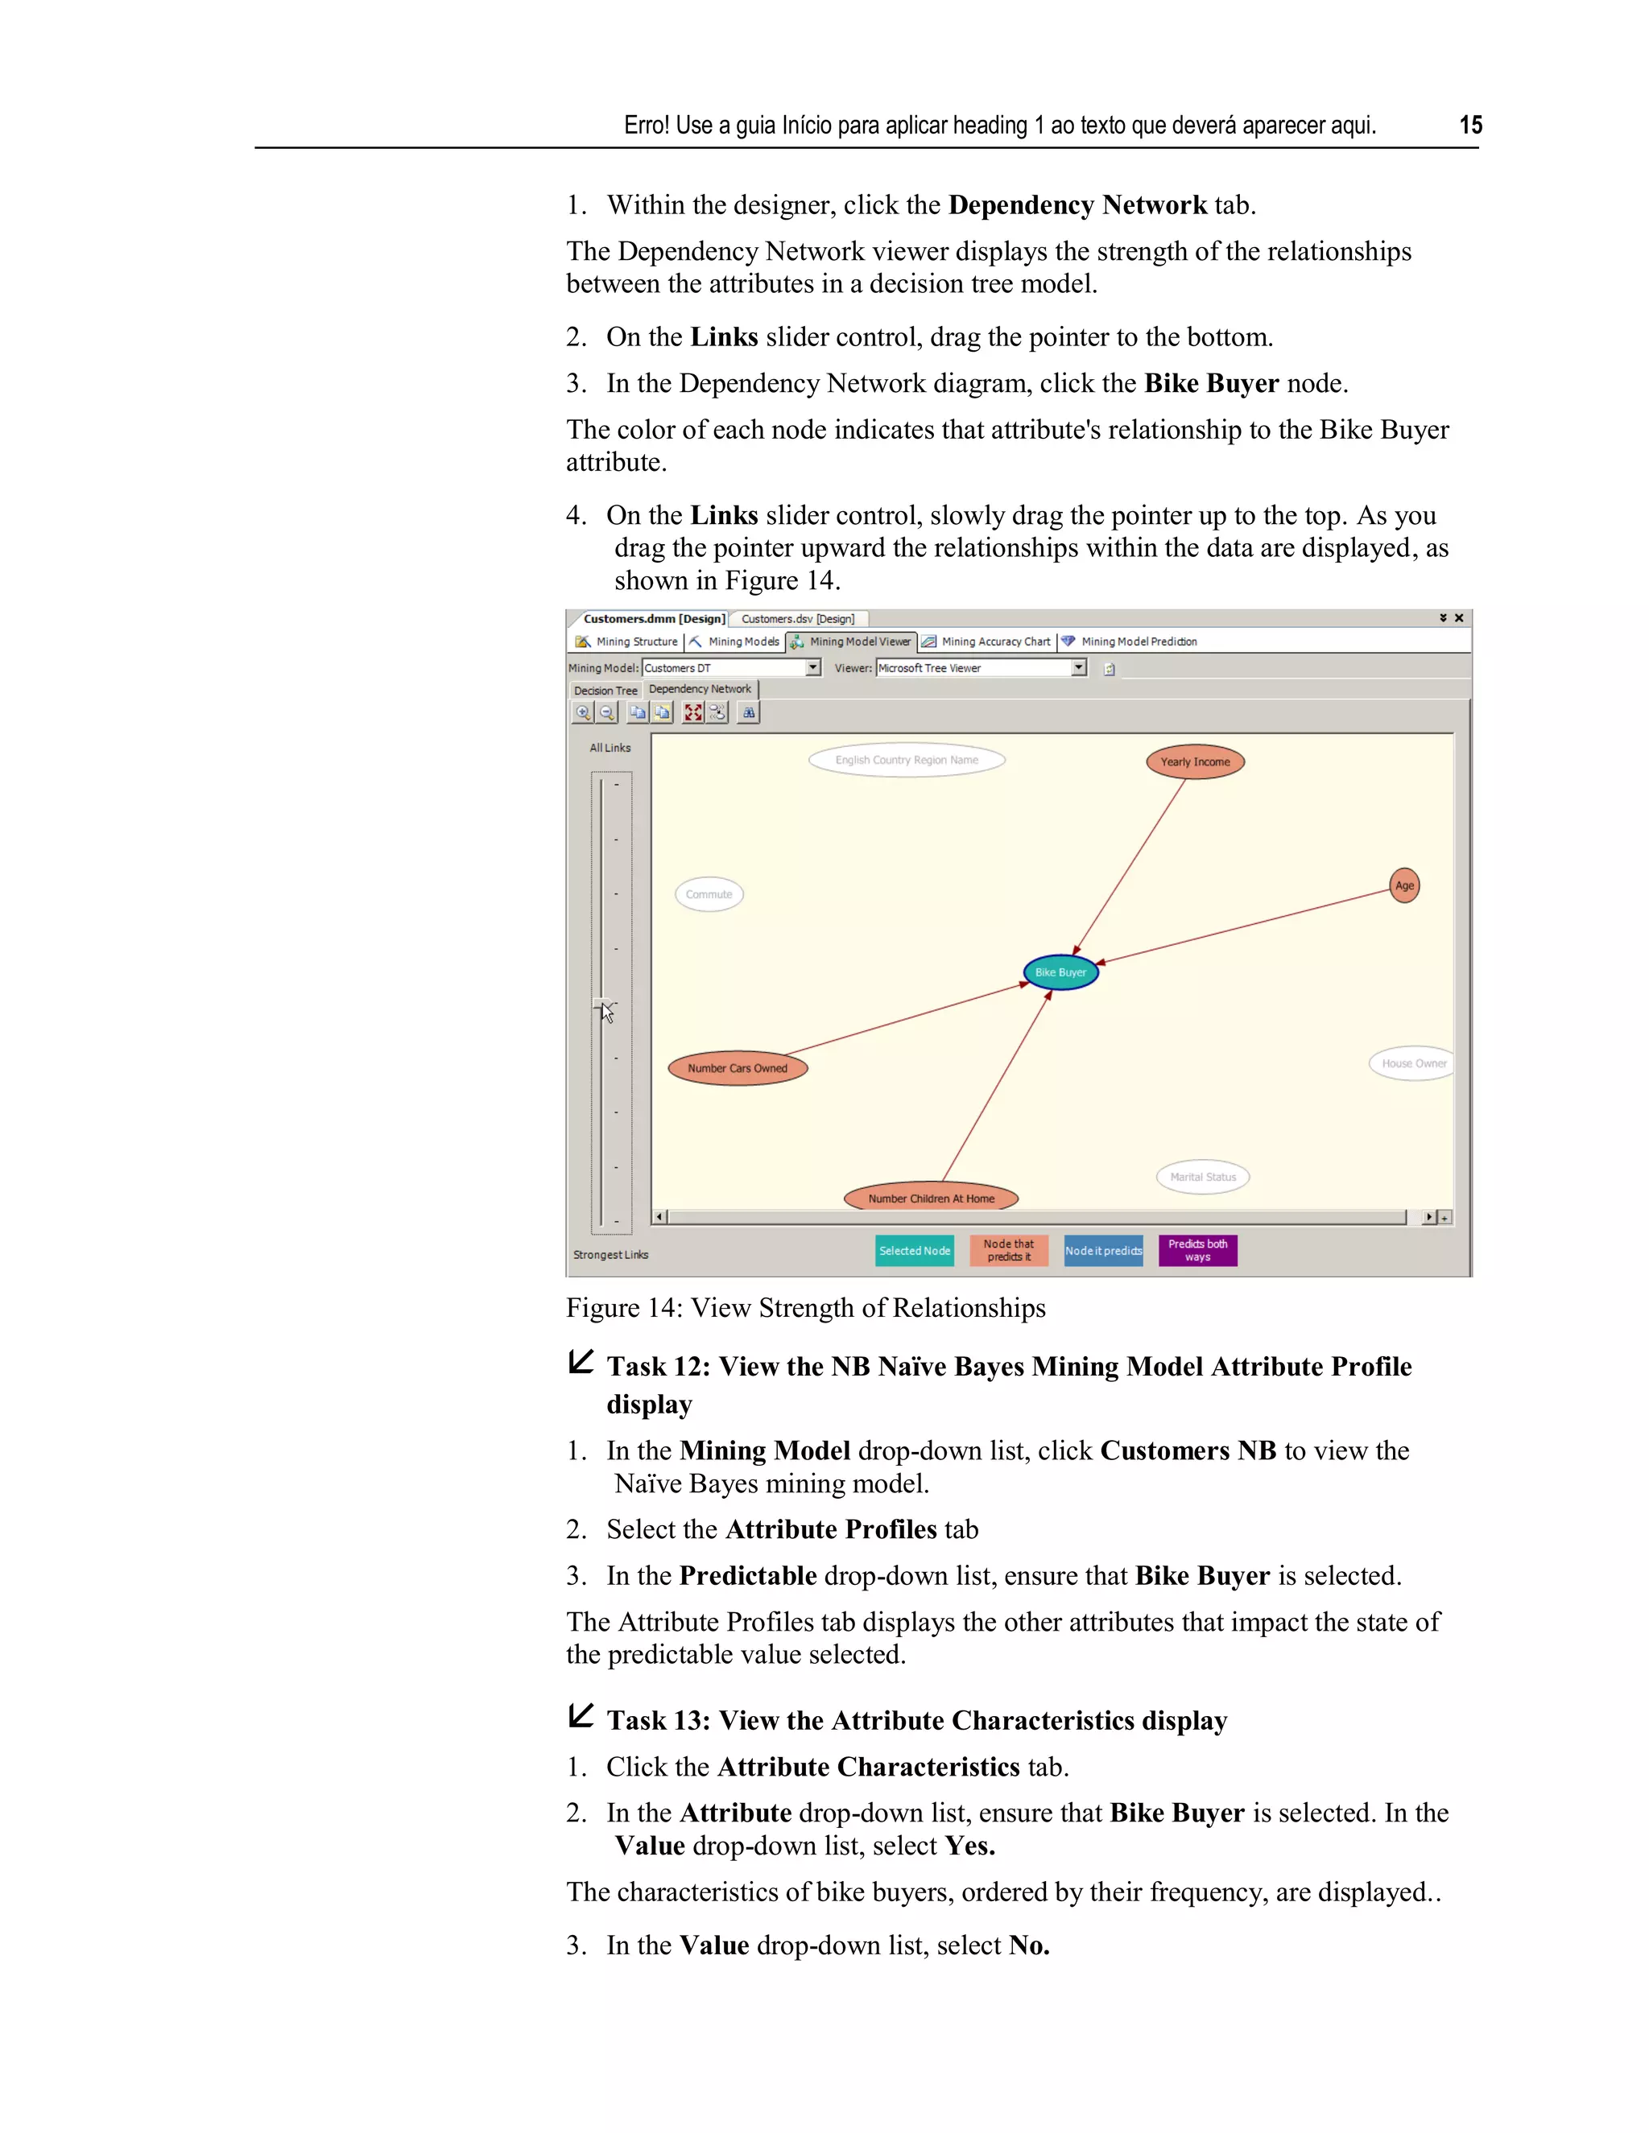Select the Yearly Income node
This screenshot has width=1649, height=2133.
click(1195, 761)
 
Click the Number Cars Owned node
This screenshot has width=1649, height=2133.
click(738, 1067)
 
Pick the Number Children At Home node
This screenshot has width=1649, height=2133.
click(931, 1199)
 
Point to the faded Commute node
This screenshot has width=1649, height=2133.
click(709, 893)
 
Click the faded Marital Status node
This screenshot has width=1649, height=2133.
click(1203, 1177)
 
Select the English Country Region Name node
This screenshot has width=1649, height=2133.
click(907, 760)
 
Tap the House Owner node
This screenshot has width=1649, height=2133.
click(1412, 1063)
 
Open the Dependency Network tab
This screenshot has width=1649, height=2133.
click(700, 690)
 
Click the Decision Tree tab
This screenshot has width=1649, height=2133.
click(605, 691)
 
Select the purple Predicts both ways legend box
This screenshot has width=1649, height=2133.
click(1197, 1250)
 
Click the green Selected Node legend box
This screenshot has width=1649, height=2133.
click(915, 1250)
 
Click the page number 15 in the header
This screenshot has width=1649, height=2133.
click(1470, 125)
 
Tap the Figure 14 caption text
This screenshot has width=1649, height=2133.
click(805, 1308)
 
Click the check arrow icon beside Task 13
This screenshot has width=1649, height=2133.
click(581, 1715)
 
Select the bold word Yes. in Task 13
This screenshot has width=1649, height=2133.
click(969, 1846)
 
